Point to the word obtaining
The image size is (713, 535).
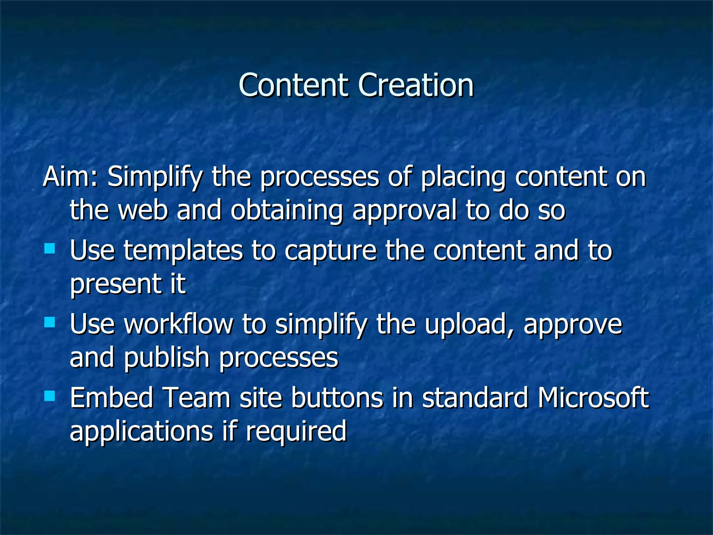[287, 211]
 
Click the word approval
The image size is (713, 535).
[404, 211]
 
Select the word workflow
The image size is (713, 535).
[178, 324]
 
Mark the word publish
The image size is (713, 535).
[166, 358]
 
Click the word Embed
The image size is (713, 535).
[111, 398]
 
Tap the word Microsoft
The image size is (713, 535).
[593, 398]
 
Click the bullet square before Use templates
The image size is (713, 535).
[50, 248]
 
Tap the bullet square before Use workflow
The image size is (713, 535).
[50, 322]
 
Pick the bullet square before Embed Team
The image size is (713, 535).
[50, 396]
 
